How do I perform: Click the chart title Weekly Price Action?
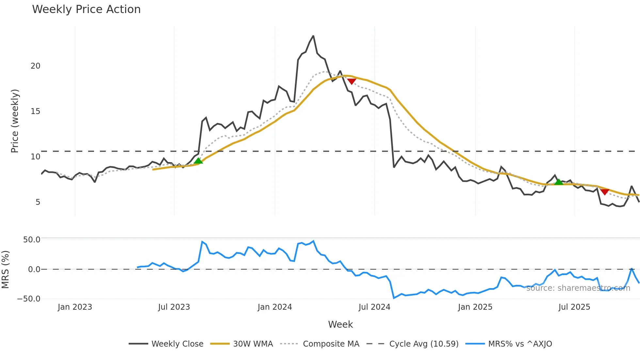pyautogui.click(x=86, y=9)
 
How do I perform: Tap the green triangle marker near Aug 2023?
pyautogui.click(x=198, y=161)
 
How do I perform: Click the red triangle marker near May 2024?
pyautogui.click(x=351, y=81)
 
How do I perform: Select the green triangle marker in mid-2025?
pyautogui.click(x=559, y=182)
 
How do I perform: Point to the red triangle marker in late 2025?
pyautogui.click(x=605, y=192)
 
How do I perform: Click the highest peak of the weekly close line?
pyautogui.click(x=313, y=36)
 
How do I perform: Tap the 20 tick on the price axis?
pyautogui.click(x=35, y=66)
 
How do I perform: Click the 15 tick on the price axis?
pyautogui.click(x=35, y=111)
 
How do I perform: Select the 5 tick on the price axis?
pyautogui.click(x=38, y=202)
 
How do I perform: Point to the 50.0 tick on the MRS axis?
pyautogui.click(x=32, y=240)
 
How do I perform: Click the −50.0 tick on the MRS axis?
pyautogui.click(x=29, y=299)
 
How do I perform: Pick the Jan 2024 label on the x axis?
pyautogui.click(x=275, y=307)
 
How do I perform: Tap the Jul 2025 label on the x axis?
pyautogui.click(x=574, y=307)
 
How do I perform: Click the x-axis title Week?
pyautogui.click(x=340, y=324)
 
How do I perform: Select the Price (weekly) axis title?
pyautogui.click(x=15, y=121)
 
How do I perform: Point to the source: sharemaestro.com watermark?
pyautogui.click(x=578, y=288)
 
